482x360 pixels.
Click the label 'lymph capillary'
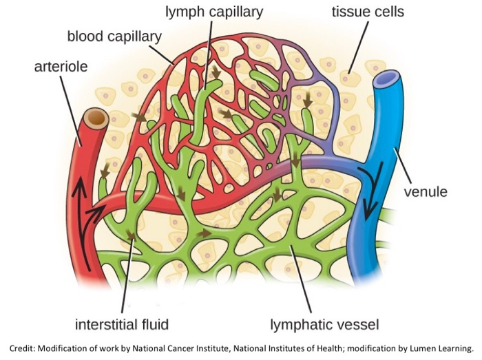click(x=213, y=12)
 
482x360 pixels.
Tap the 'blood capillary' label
click(x=114, y=36)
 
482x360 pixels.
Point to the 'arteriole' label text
click(x=61, y=67)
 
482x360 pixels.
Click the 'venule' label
click(x=425, y=191)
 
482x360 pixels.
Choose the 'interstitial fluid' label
click(x=122, y=324)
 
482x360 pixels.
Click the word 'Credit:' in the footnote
click(x=25, y=347)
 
